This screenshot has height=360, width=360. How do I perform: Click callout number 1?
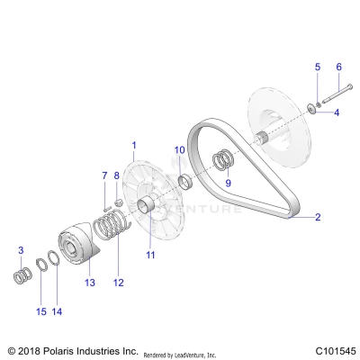(x=133, y=145)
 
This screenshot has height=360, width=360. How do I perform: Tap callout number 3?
(x=21, y=249)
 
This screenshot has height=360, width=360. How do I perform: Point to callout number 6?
(x=338, y=67)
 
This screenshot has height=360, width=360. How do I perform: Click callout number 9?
(x=229, y=183)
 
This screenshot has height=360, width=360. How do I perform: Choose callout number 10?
(x=179, y=149)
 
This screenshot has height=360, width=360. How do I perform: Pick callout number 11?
(x=150, y=255)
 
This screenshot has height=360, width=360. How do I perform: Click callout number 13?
(x=89, y=283)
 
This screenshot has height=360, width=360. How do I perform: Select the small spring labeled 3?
(x=22, y=274)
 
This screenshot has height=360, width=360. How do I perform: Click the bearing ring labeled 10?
(x=185, y=184)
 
